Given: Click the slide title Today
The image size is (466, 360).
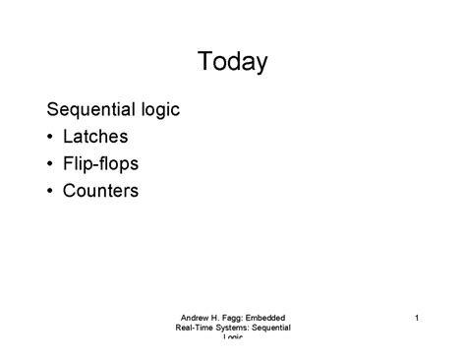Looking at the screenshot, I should [x=232, y=62].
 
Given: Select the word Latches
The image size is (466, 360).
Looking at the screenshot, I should [x=95, y=137].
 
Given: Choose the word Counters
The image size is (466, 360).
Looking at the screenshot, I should [x=100, y=190].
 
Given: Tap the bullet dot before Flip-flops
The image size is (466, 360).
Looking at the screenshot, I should [x=51, y=164].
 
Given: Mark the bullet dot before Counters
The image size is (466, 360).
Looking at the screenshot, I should [x=51, y=191].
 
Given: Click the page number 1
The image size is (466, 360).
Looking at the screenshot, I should [x=417, y=317].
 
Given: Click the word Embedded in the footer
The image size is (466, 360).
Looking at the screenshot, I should [x=267, y=317].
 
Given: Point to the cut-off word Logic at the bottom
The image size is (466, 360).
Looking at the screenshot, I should [x=233, y=337].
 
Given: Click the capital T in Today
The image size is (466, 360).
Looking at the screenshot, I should [x=204, y=62].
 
